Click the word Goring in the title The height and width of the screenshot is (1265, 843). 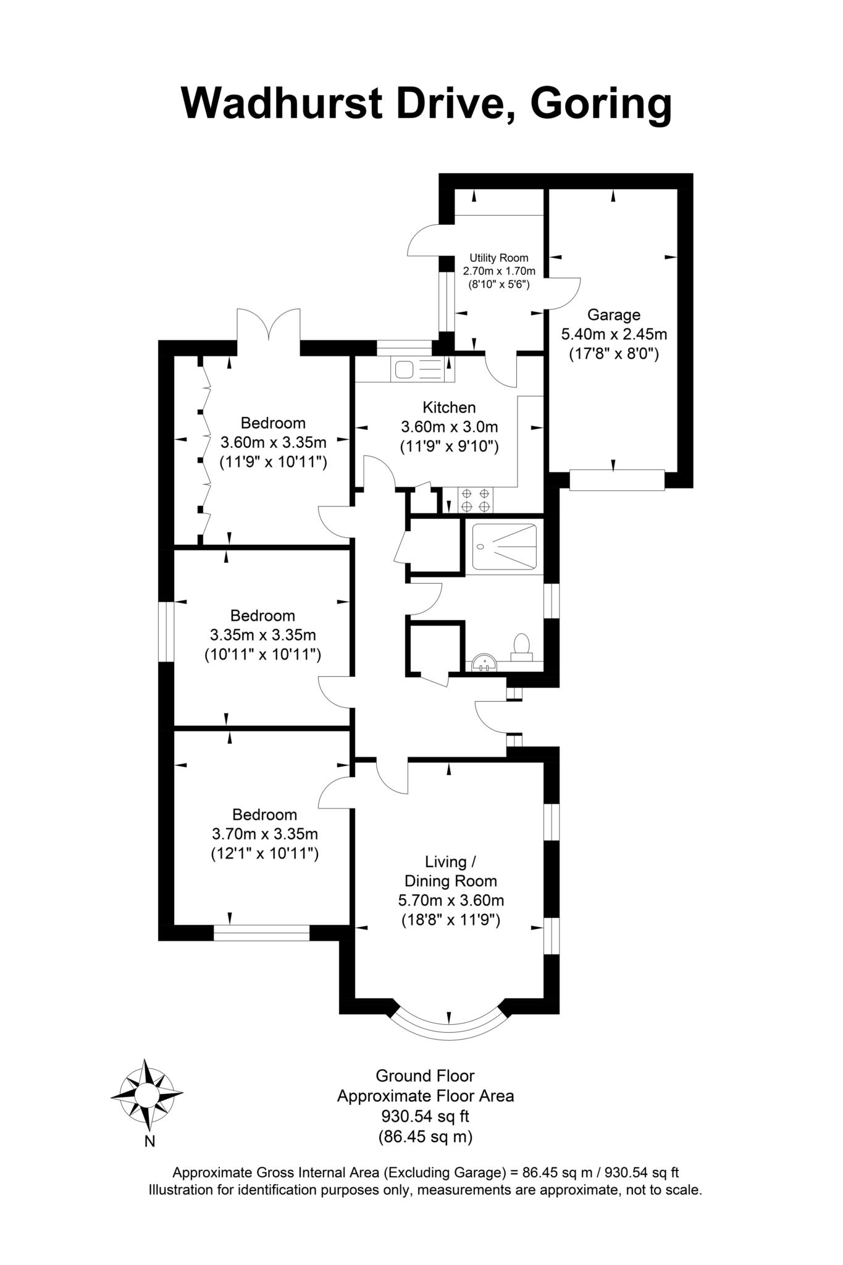(600, 104)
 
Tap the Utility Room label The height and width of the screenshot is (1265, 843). (498, 258)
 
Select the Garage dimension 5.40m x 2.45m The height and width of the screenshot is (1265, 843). (613, 335)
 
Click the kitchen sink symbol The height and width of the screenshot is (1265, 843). (405, 369)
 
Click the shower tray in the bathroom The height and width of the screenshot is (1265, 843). (504, 547)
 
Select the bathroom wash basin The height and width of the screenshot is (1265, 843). (484, 663)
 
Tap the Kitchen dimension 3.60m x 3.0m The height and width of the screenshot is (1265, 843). (449, 427)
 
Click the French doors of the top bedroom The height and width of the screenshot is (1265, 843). (269, 326)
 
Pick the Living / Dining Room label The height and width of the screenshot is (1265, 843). (450, 871)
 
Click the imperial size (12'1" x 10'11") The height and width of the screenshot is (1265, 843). (264, 854)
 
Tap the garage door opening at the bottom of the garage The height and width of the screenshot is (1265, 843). (616, 480)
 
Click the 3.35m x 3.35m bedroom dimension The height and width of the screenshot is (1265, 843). (263, 635)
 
